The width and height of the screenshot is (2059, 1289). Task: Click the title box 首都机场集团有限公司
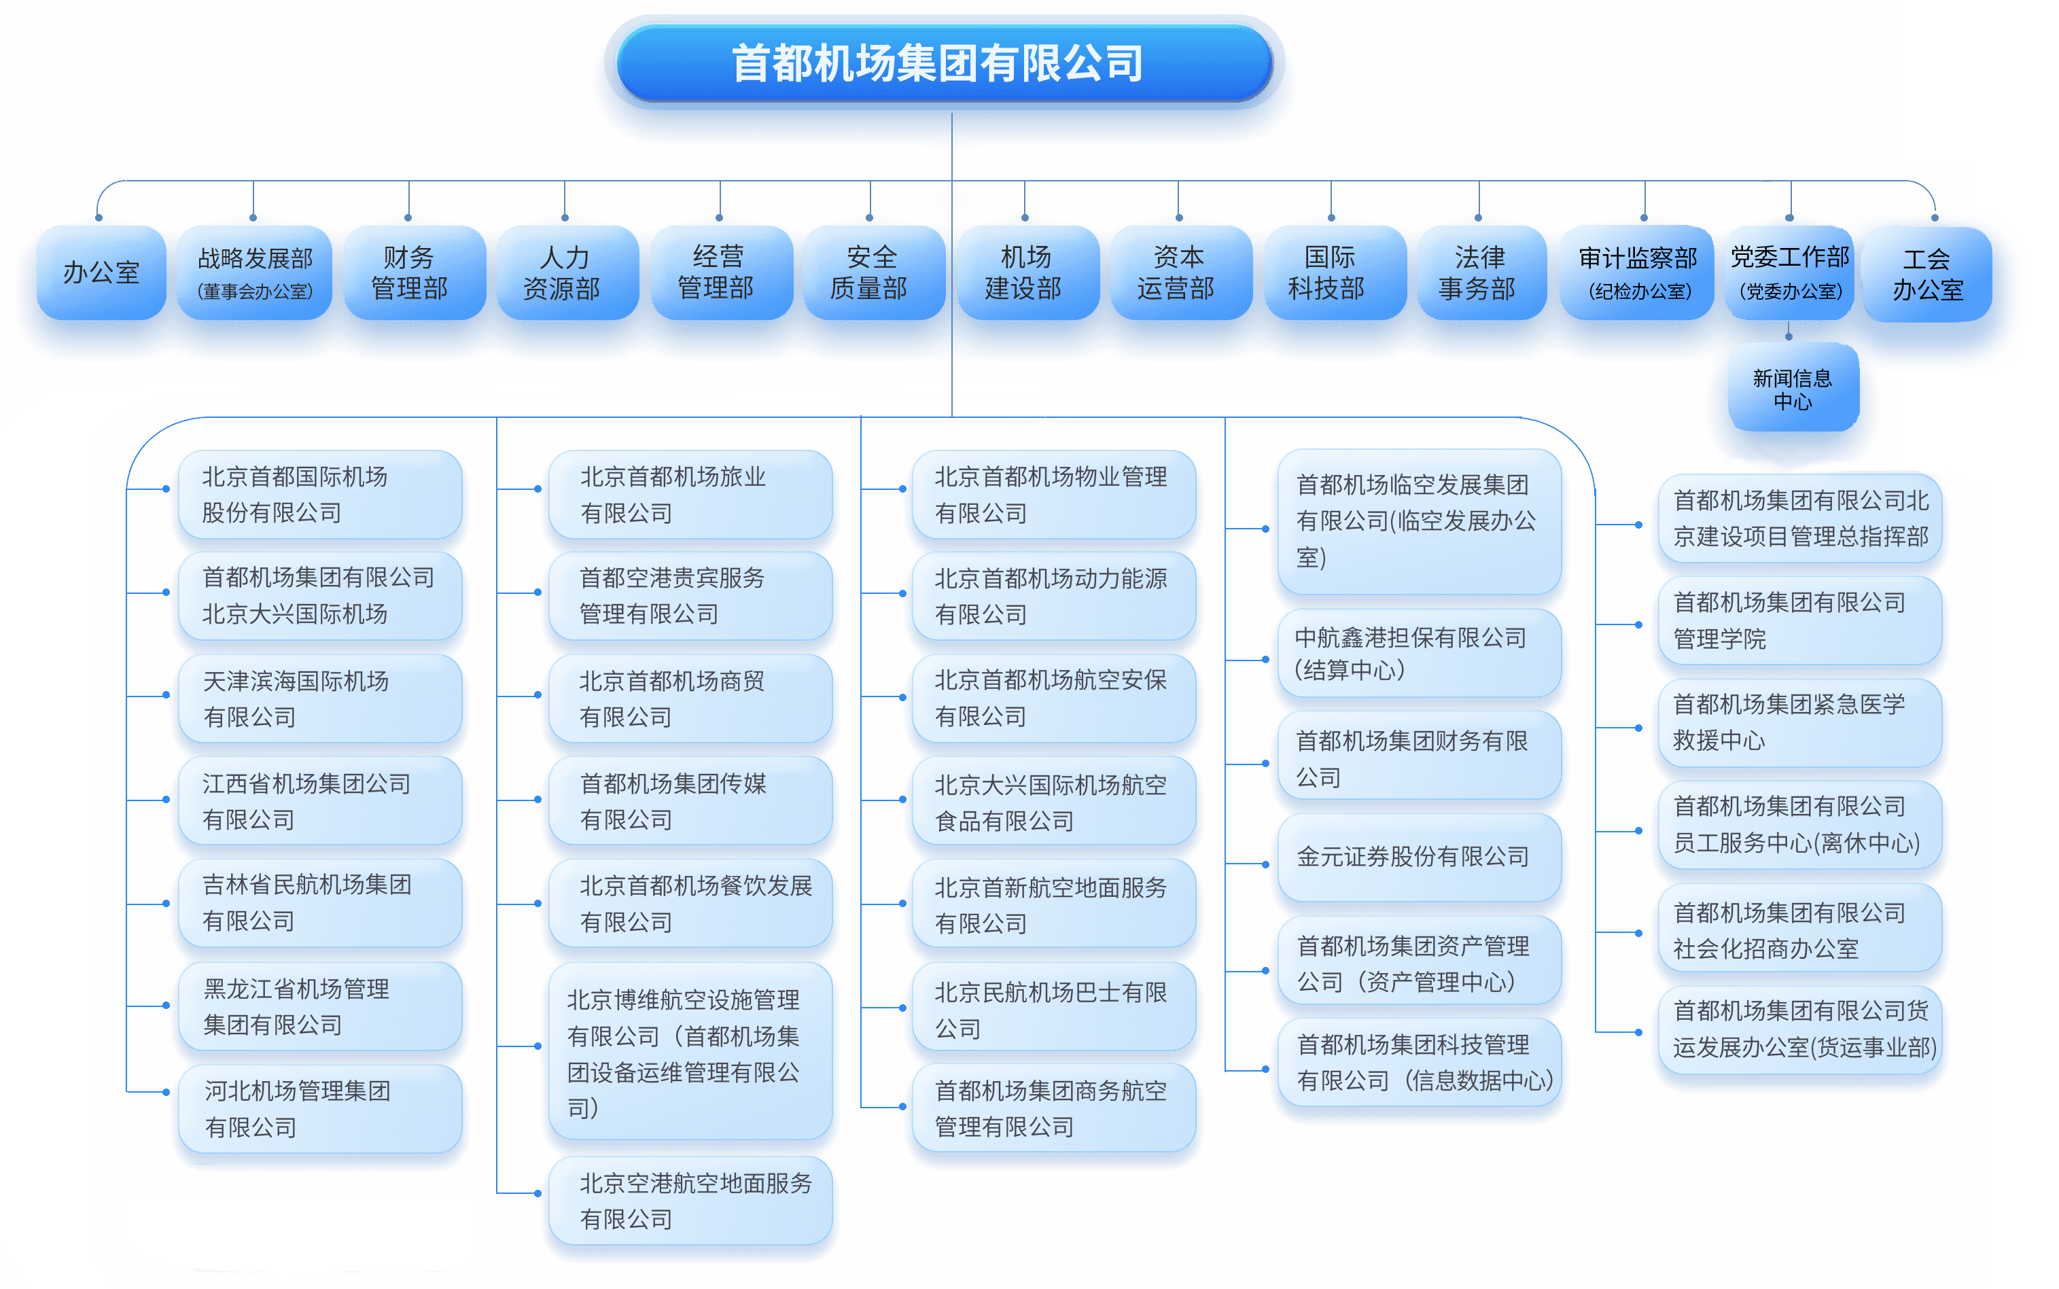tap(943, 63)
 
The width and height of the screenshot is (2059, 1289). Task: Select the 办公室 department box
tap(101, 272)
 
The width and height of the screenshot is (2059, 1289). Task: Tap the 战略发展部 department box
tap(254, 272)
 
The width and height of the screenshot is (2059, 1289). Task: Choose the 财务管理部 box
tap(409, 272)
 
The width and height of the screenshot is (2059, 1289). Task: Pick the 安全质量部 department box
tap(870, 272)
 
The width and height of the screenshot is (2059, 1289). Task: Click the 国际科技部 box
tap(1328, 272)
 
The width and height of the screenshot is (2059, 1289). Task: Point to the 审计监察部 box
tap(1637, 272)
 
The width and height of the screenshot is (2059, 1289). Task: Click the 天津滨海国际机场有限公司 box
tap(319, 699)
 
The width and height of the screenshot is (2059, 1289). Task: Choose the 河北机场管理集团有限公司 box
tap(319, 1108)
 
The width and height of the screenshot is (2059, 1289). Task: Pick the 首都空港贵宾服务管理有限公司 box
tap(689, 595)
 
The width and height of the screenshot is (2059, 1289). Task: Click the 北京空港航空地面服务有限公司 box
tap(689, 1201)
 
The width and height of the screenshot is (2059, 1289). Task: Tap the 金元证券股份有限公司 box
tap(1418, 857)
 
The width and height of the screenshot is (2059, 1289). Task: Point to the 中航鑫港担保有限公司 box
tap(1418, 653)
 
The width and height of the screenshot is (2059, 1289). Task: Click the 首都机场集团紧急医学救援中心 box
tap(1799, 722)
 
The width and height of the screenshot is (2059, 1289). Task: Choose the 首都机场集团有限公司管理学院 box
tap(1799, 620)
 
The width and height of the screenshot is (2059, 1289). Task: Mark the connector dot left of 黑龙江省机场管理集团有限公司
tap(166, 1006)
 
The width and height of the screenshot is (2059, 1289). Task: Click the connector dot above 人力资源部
tap(565, 217)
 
